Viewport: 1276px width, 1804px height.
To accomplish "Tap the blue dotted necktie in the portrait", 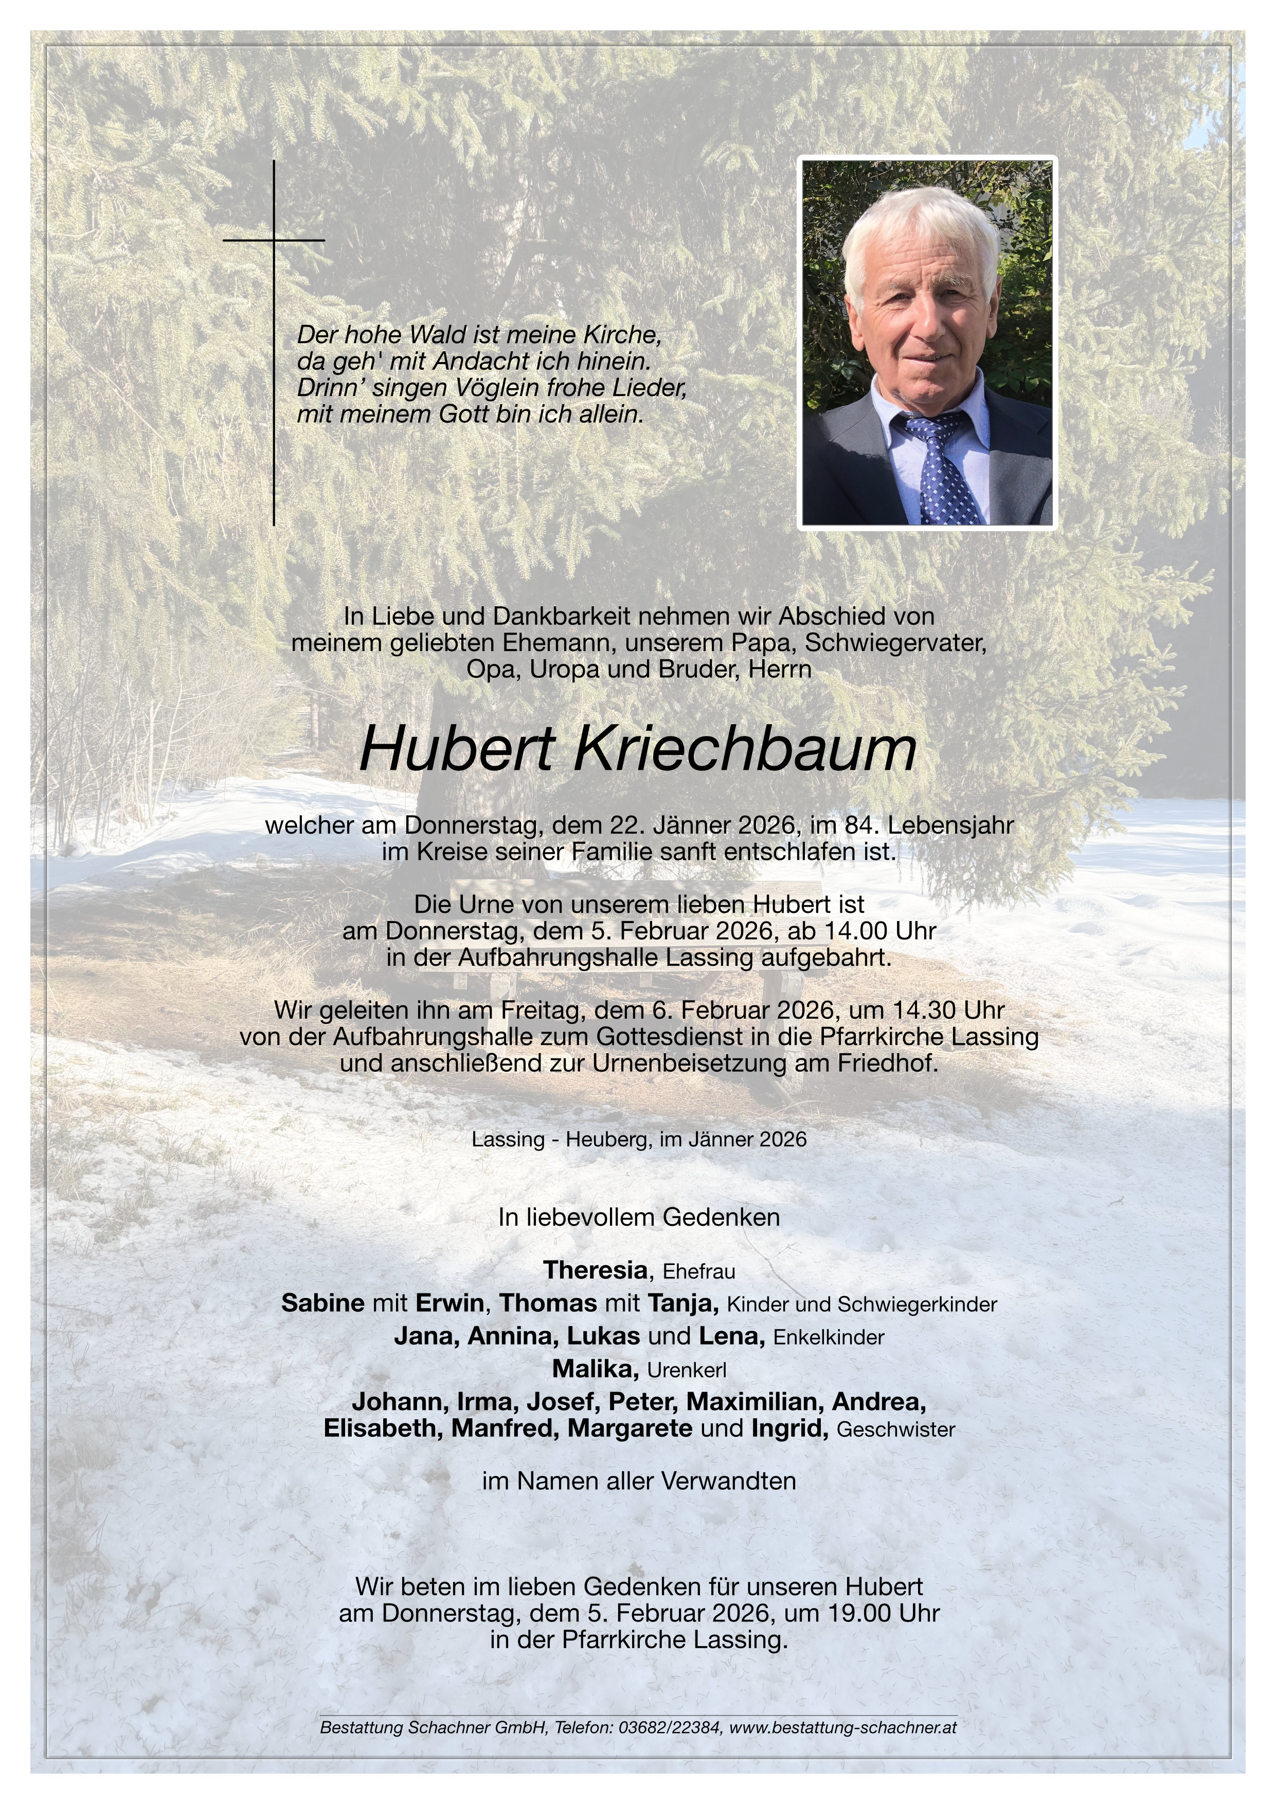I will pyautogui.click(x=943, y=472).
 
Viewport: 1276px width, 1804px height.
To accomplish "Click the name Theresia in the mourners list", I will pyautogui.click(x=595, y=1270).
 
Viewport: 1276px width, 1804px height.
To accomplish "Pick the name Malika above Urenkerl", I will pyautogui.click(x=595, y=1369).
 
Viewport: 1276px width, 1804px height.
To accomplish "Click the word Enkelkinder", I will pyautogui.click(x=829, y=1337).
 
